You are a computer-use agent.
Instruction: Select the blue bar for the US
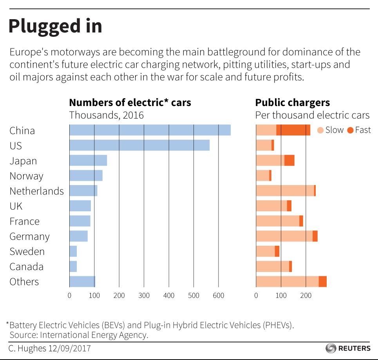[139, 145]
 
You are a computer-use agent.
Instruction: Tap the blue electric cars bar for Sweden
[73, 251]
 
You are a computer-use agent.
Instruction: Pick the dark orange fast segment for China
[293, 130]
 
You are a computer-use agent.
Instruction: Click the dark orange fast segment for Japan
[289, 160]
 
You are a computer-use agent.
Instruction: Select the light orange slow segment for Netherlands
[285, 191]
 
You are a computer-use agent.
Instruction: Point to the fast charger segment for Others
[322, 281]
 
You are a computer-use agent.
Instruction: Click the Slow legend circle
[320, 130]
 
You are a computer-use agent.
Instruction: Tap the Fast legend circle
[350, 130]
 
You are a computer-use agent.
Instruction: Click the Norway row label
[26, 176]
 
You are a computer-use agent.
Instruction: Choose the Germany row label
[29, 237]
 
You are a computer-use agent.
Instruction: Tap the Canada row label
[26, 267]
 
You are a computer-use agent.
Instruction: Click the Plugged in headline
[55, 26]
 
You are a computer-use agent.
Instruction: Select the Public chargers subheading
[292, 103]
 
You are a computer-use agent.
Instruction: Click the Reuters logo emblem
[331, 348]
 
